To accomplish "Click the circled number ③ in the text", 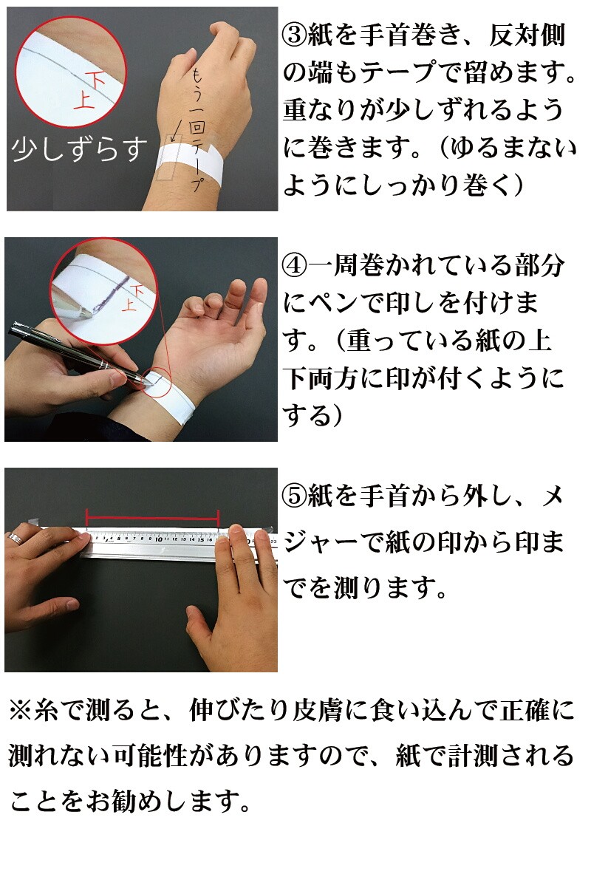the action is click(x=295, y=35).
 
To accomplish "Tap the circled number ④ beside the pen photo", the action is click(x=295, y=267).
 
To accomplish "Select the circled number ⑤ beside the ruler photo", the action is click(x=295, y=496).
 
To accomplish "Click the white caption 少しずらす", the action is click(x=79, y=149).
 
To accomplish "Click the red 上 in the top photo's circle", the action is click(x=84, y=100).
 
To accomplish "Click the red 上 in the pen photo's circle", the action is click(x=129, y=304).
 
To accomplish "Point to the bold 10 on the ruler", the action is click(x=158, y=539).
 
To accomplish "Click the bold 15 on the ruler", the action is click(x=201, y=540).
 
